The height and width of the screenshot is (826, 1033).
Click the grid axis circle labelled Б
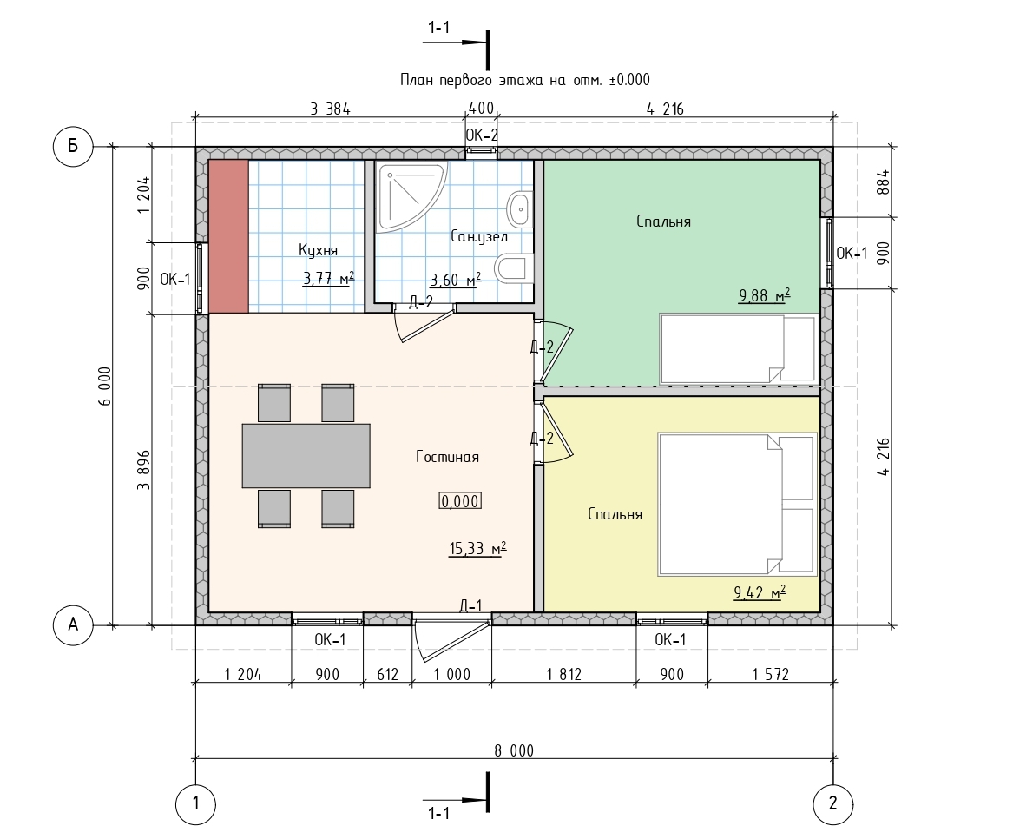click(72, 146)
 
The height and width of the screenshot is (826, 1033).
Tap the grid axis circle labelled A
click(72, 624)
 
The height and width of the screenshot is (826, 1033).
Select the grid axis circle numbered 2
click(832, 803)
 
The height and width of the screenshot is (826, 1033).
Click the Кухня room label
click(319, 250)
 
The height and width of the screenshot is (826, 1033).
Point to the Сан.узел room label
click(479, 236)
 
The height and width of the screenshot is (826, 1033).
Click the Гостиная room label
click(447, 457)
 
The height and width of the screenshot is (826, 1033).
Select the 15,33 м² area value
click(477, 548)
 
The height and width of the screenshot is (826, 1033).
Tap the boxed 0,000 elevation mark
click(460, 501)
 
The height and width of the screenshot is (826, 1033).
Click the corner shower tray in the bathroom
click(411, 195)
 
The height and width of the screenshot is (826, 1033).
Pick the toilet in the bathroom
click(515, 268)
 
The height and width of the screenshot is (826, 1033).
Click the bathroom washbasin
click(520, 208)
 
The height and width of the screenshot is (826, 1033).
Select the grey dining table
click(306, 455)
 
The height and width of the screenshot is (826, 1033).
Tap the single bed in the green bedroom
click(739, 348)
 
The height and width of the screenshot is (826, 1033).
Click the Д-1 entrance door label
click(470, 606)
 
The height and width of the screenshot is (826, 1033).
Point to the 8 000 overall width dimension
click(514, 750)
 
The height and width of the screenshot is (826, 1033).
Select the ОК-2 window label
click(482, 135)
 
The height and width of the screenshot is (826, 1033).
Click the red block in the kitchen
click(228, 236)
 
